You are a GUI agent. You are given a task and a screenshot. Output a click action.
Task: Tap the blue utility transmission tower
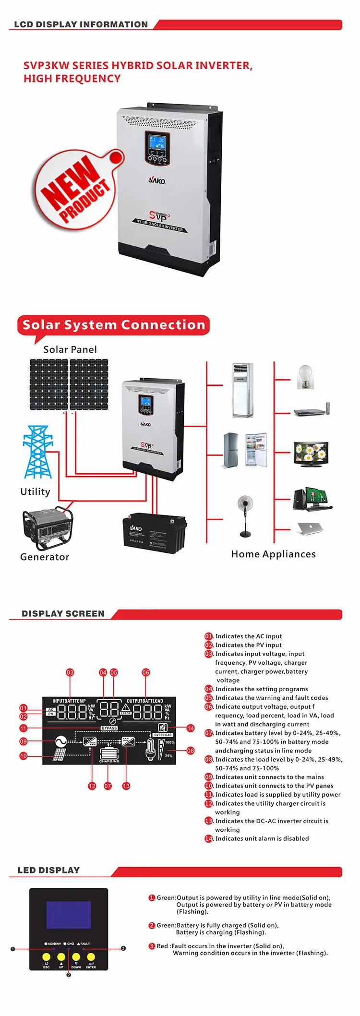[x=37, y=452]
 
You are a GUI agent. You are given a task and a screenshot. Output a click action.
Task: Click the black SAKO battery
[x=155, y=533]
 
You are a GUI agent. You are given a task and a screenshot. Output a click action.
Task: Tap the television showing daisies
[x=311, y=454]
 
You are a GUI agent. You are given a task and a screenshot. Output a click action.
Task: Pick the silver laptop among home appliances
[x=310, y=528]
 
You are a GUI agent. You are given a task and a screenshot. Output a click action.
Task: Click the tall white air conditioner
[x=242, y=390]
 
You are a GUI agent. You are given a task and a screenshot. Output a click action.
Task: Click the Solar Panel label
[x=70, y=349]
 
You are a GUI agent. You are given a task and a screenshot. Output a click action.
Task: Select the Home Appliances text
[x=273, y=554]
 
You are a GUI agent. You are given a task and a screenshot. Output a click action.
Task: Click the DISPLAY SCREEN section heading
[x=63, y=613]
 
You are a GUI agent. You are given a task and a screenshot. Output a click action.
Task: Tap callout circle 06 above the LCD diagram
[x=146, y=672]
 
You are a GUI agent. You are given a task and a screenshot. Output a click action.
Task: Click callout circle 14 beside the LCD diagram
[x=191, y=728]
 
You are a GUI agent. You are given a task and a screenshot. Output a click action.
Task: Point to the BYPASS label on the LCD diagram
[x=109, y=728]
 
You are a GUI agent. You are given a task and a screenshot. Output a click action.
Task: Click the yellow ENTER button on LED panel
[x=91, y=956]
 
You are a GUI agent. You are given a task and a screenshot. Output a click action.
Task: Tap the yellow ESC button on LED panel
[x=46, y=956]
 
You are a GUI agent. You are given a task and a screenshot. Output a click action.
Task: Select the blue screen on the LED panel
[x=68, y=915]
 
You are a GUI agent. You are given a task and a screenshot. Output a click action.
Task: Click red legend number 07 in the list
[x=208, y=733]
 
